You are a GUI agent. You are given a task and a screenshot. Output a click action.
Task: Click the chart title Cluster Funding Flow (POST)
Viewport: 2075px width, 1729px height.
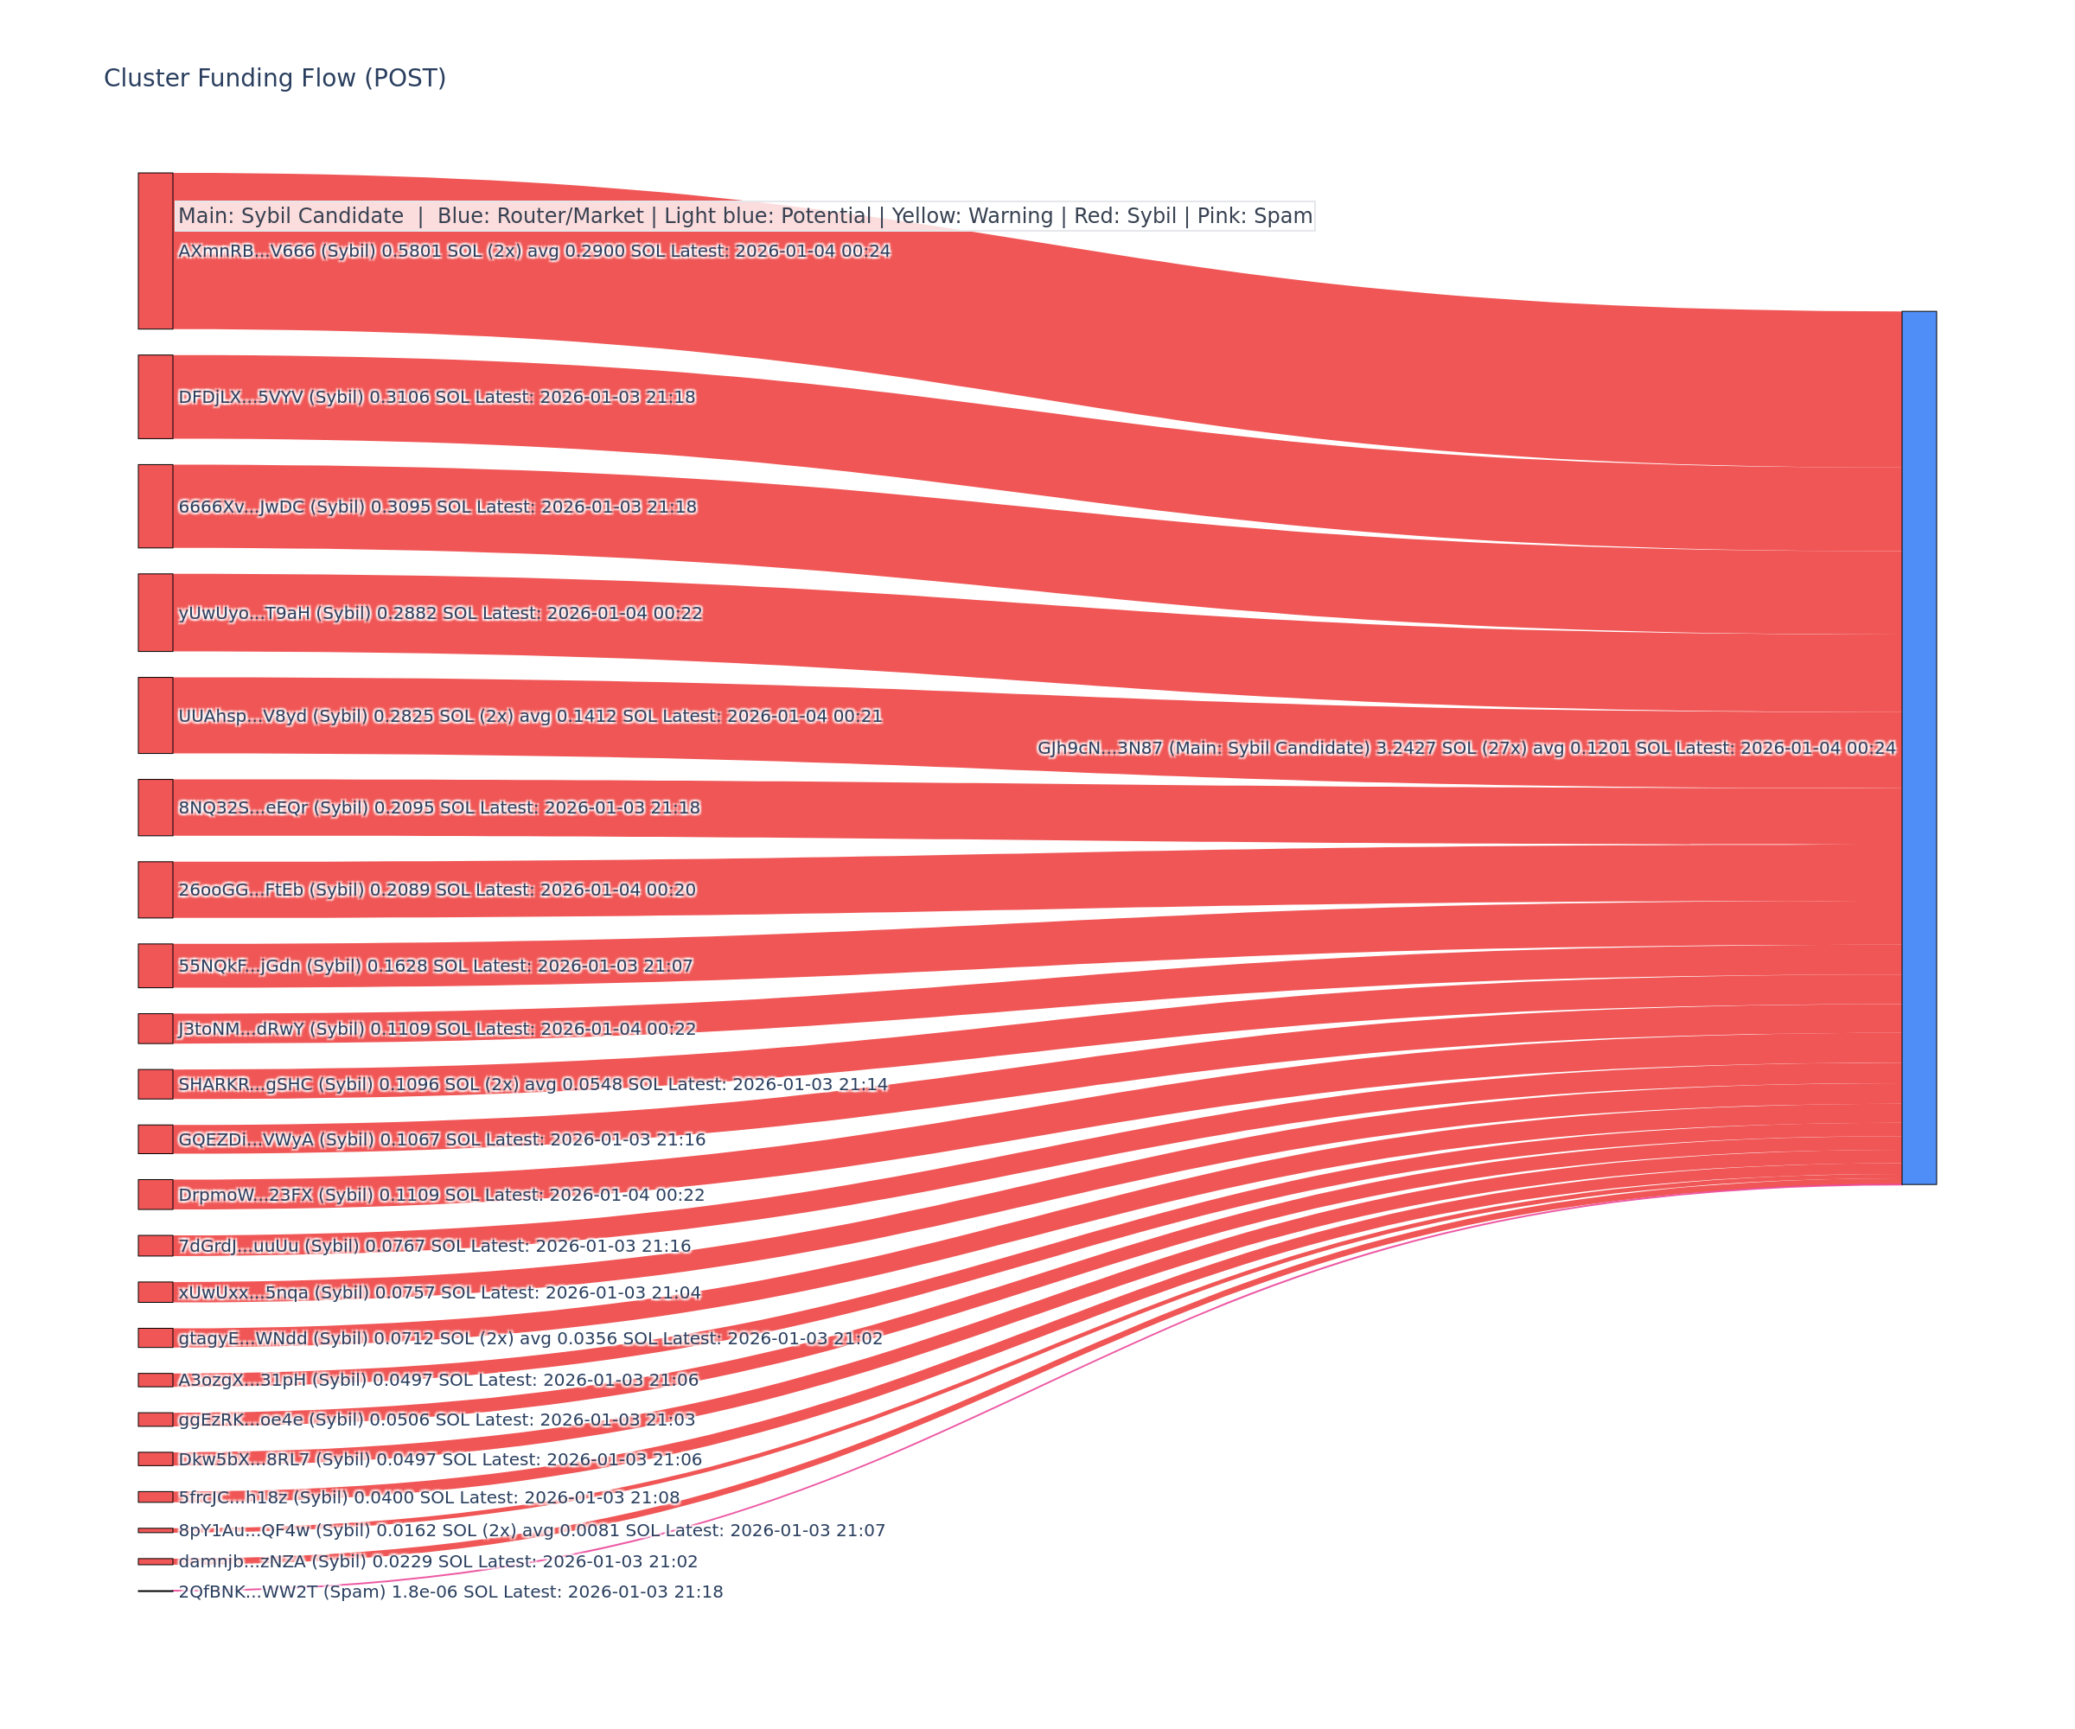pyautogui.click(x=275, y=78)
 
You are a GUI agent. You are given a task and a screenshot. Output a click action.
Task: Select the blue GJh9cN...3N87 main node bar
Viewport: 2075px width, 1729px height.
pyautogui.click(x=1919, y=747)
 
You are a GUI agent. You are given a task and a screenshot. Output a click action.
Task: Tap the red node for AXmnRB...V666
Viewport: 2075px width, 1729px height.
pyautogui.click(x=155, y=251)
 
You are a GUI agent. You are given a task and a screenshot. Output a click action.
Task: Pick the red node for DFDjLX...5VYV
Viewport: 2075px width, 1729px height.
pyautogui.click(x=155, y=396)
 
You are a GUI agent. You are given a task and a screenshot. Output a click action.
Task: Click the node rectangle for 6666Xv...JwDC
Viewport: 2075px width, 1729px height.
pyautogui.click(x=155, y=506)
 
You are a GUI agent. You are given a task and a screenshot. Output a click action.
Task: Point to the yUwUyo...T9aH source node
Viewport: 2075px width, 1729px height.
pyautogui.click(x=155, y=613)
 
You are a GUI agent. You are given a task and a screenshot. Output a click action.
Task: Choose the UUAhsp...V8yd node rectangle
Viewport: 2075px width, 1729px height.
pyautogui.click(x=155, y=715)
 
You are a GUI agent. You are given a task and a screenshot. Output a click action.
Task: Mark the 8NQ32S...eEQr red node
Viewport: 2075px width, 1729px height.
pyautogui.click(x=155, y=807)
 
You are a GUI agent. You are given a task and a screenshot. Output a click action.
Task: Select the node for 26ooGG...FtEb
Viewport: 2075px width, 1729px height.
pyautogui.click(x=155, y=890)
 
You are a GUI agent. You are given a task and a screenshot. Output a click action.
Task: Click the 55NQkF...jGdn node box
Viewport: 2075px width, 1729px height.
pyautogui.click(x=155, y=966)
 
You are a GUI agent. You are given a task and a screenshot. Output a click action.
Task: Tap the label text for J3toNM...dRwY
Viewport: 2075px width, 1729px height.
pyautogui.click(x=437, y=1029)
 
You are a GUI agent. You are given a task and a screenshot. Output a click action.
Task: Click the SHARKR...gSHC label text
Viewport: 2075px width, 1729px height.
pyautogui.click(x=533, y=1084)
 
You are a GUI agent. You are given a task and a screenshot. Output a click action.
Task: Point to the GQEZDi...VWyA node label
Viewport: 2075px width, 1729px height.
pyautogui.click(x=442, y=1139)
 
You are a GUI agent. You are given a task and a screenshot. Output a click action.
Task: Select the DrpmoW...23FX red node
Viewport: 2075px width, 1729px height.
pyautogui.click(x=155, y=1195)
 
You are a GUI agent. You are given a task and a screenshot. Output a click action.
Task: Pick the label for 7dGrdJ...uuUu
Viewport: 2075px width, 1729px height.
pyautogui.click(x=435, y=1246)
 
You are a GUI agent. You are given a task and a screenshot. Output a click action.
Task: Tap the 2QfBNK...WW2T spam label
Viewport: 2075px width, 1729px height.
pyautogui.click(x=450, y=1592)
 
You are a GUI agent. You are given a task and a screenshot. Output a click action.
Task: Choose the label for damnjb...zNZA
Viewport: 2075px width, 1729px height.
pyautogui.click(x=437, y=1562)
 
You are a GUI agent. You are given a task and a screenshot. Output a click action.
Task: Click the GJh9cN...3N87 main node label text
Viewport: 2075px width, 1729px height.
pyautogui.click(x=1466, y=748)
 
